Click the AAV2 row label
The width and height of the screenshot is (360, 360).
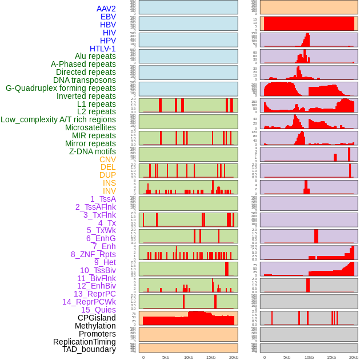(x=106, y=9)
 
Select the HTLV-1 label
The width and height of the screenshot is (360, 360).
(x=102, y=49)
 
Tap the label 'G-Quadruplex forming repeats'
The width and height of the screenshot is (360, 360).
(x=61, y=88)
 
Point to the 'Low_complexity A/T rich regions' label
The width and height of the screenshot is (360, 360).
(x=58, y=119)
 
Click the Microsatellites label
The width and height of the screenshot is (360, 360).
(x=90, y=127)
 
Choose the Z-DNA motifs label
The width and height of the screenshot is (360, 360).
(x=92, y=151)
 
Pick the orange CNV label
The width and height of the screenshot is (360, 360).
(x=107, y=159)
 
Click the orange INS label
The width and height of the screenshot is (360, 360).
(x=109, y=183)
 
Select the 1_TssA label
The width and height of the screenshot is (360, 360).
(x=103, y=199)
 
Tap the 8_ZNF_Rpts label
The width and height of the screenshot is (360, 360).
(x=93, y=254)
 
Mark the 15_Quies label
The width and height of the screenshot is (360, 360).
(x=98, y=310)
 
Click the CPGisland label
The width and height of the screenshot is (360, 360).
(x=97, y=318)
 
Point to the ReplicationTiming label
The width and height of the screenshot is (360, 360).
(x=84, y=342)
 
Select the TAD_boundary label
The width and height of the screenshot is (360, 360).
(x=89, y=349)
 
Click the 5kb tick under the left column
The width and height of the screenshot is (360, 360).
(x=166, y=357)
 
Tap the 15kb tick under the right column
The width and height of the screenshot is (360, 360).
(x=331, y=357)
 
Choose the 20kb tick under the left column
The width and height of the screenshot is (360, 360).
(x=233, y=357)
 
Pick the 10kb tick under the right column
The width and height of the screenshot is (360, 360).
(x=309, y=357)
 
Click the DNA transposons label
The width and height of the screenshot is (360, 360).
(x=85, y=80)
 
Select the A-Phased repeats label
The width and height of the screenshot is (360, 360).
(x=83, y=64)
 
